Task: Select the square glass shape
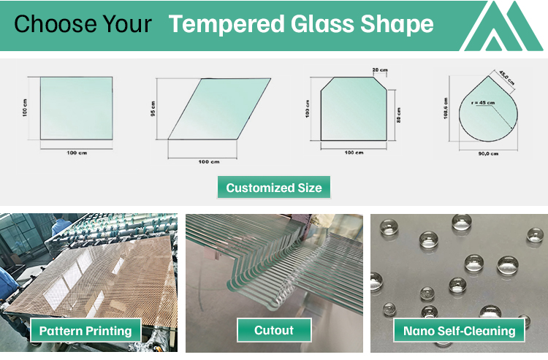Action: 76,107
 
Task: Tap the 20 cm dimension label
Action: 380,70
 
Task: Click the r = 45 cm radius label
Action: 483,102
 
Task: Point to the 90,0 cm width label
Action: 487,154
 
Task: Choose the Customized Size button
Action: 273,188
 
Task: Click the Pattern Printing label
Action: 85,331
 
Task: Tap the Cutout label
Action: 273,331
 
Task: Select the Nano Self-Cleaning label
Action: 460,331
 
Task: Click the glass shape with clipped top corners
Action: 353,107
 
